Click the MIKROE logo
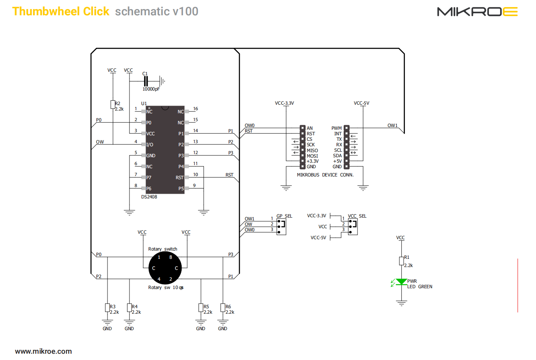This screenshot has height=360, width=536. tap(477, 12)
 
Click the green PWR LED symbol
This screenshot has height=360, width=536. tap(401, 282)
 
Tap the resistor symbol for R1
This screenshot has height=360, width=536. tap(401, 261)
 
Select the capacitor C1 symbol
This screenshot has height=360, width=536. tap(146, 81)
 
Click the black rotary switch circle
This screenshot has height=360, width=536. tap(165, 268)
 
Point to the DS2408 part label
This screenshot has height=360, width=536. tap(149, 197)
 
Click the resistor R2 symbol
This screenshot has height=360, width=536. tap(113, 104)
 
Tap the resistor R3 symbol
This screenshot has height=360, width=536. tap(108, 308)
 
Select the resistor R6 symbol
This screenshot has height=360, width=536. tap(223, 308)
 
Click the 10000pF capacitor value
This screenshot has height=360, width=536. tap(151, 89)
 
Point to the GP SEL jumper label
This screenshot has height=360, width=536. tap(284, 216)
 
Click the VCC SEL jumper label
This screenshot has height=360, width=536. tap(357, 216)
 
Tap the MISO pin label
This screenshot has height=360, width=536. tap(312, 151)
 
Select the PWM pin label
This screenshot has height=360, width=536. tap(337, 128)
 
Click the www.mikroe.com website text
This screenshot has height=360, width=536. tap(44, 351)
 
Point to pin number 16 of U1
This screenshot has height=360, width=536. tap(195, 109)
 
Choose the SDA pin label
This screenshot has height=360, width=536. tap(337, 156)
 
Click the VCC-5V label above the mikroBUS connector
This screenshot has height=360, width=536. tap(361, 103)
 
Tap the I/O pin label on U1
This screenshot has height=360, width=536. tap(150, 145)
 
